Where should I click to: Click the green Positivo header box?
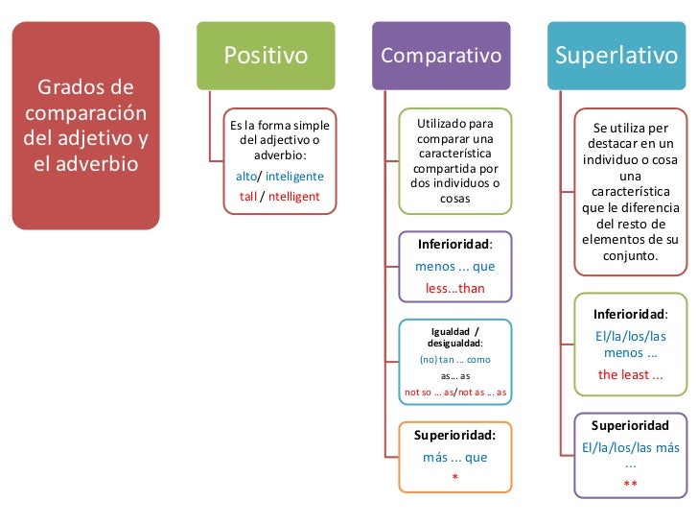click(266, 55)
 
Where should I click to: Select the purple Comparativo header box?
click(442, 55)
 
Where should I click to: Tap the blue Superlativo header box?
click(616, 55)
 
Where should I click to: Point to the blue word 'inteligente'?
click(294, 177)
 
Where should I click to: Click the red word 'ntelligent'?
click(294, 197)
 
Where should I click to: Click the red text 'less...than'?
click(455, 288)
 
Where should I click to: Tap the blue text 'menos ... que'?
click(455, 266)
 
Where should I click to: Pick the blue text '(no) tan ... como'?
click(455, 359)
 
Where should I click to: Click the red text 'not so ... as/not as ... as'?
click(455, 393)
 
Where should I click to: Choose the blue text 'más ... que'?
click(455, 457)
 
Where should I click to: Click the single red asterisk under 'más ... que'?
click(455, 477)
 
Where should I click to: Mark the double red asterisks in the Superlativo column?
click(630, 485)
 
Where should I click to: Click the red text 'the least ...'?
click(630, 374)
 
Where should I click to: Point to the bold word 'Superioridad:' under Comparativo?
click(454, 435)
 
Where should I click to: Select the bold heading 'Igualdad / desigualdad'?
click(455, 337)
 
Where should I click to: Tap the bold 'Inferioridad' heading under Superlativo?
click(630, 314)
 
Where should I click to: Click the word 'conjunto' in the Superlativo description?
click(628, 256)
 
